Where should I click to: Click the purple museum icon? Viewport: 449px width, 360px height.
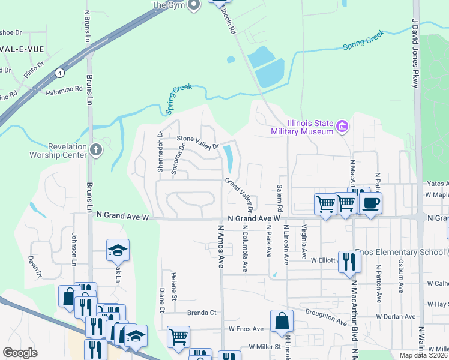pyautogui.click(x=342, y=126)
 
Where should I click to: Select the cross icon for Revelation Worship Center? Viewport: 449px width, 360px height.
pyautogui.click(x=96, y=149)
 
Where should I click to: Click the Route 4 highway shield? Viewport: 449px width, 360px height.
pyautogui.click(x=59, y=73)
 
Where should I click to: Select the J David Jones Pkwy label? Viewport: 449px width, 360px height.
pyautogui.click(x=414, y=54)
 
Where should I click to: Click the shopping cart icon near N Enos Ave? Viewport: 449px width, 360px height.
pyautogui.click(x=178, y=337)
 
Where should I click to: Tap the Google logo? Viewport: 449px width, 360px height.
pyautogui.click(x=20, y=352)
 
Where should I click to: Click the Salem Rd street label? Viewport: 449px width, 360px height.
pyautogui.click(x=280, y=197)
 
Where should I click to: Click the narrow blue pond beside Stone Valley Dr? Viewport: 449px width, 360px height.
pyautogui.click(x=228, y=158)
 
